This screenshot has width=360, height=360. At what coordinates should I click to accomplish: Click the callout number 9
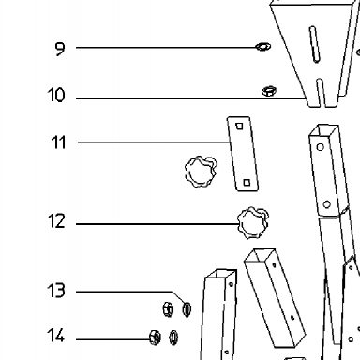[x=60, y=49]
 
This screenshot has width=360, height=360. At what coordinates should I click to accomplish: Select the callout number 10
[x=56, y=95]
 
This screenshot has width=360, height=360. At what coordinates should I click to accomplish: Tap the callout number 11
[x=58, y=142]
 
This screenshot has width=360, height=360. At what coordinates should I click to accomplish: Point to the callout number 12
[x=56, y=221]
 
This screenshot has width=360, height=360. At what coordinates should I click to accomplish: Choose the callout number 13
[x=56, y=291]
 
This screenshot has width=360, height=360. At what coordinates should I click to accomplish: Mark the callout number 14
[x=56, y=336]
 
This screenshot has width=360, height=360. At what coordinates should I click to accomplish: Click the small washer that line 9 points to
[x=263, y=47]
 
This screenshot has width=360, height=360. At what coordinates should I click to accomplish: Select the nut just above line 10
[x=269, y=91]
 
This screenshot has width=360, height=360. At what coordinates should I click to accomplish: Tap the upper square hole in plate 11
[x=239, y=126]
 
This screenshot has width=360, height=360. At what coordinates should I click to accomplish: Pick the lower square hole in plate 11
[x=247, y=182]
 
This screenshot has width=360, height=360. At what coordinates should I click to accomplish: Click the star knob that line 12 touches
[x=253, y=223]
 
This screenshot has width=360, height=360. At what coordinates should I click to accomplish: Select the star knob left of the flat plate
[x=202, y=172]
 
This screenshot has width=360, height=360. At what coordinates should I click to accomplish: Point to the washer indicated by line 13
[x=187, y=309]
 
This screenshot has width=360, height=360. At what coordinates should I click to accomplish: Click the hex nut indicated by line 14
[x=155, y=337]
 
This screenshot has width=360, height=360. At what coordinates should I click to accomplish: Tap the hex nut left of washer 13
[x=168, y=309]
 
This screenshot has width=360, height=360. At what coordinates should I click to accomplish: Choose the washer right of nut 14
[x=173, y=337]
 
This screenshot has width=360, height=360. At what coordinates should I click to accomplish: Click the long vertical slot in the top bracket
[x=314, y=44]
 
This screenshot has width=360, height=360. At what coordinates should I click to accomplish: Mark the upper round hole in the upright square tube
[x=320, y=147]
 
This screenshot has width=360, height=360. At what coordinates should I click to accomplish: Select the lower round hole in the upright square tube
[x=326, y=204]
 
